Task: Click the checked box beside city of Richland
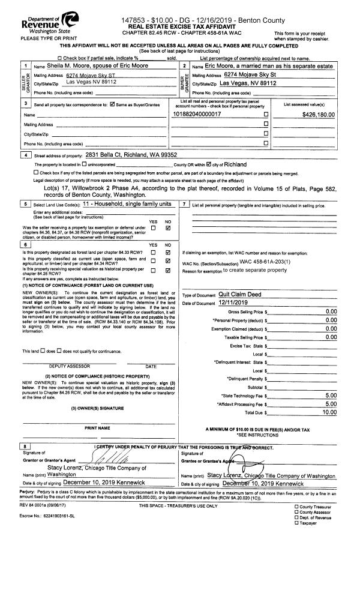pos(209,164)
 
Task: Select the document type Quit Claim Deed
pos(240,295)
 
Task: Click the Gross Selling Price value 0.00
pos(331,312)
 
